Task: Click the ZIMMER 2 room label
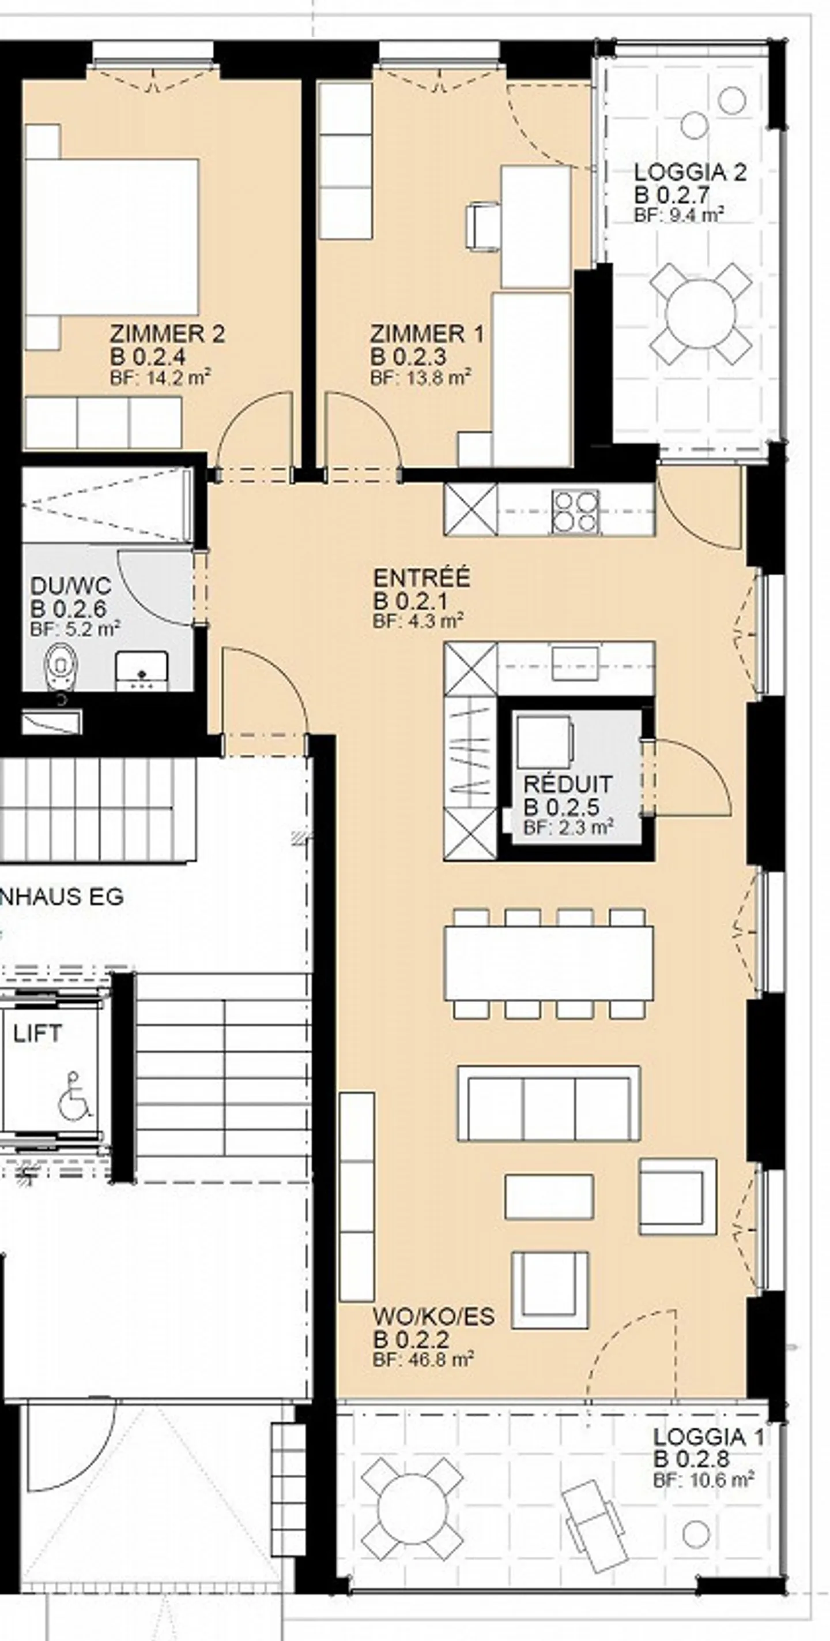pos(167,334)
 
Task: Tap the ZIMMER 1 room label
pos(427,334)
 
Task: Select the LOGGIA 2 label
pos(690,172)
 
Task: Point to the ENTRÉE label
pos(422,578)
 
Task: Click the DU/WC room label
pos(71,586)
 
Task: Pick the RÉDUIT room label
pos(568,784)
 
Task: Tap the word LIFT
pos(37,1033)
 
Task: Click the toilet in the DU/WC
pos(61,666)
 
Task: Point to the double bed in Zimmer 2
pos(112,237)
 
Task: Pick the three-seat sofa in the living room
pos(549,1103)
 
